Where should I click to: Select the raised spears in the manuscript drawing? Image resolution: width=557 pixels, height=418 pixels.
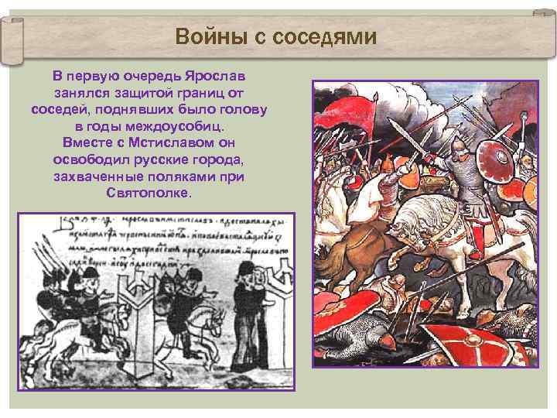click(x=46, y=259)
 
